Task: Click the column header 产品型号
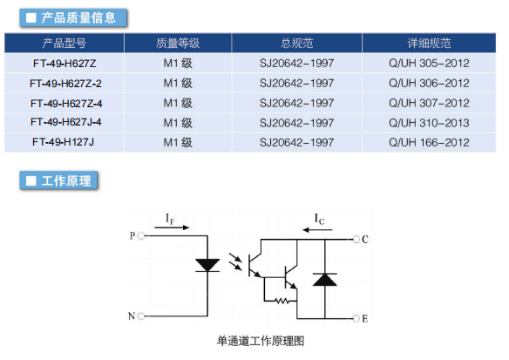pos(64,44)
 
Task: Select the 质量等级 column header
pos(178,44)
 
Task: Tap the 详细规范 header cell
pos(429,44)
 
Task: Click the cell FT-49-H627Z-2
pos(65,84)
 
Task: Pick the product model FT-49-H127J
pos(63,142)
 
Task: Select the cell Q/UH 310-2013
pos(429,123)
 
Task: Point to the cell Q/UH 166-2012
pos(429,142)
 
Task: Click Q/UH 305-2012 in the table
pos(429,63)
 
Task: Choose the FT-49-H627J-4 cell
pos(66,122)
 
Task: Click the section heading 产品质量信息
pos(78,17)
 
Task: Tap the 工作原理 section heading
pos(66,180)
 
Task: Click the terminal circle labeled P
pos(141,236)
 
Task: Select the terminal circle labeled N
pos(141,316)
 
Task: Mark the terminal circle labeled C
pos(356,240)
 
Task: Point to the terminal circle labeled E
pos(356,318)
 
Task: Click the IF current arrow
pos(172,228)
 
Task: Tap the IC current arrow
pos(317,230)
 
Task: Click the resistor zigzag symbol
pos(282,302)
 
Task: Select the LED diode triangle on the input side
pos(207,265)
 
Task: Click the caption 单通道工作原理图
pos(261,341)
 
